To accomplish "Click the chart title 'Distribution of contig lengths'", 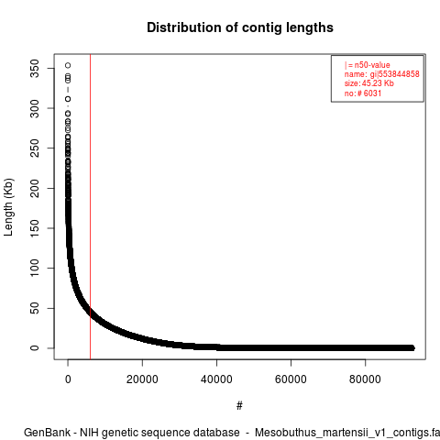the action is (x=240, y=27).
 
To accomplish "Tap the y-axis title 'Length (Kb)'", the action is (x=8, y=207).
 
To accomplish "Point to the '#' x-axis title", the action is (x=239, y=406).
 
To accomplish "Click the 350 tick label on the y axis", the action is (x=35, y=68).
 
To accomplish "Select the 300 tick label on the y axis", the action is (x=35, y=108).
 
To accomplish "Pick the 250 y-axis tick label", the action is (x=35, y=148).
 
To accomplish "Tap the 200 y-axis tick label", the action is (x=35, y=188).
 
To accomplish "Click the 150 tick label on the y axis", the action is (x=35, y=228).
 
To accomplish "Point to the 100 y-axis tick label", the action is (x=35, y=268).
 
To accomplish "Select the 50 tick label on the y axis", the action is (x=35, y=308).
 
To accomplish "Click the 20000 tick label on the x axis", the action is (x=142, y=379).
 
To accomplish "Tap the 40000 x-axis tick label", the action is (x=216, y=379).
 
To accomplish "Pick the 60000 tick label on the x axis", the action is (x=291, y=379).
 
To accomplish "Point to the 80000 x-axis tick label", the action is (x=365, y=379).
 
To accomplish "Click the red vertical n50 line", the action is (x=90, y=206).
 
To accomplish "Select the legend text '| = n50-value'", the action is (x=368, y=65).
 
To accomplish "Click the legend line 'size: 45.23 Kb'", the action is (x=369, y=83).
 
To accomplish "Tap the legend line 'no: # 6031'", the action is (x=363, y=93).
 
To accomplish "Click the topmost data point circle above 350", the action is (x=68, y=65).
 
